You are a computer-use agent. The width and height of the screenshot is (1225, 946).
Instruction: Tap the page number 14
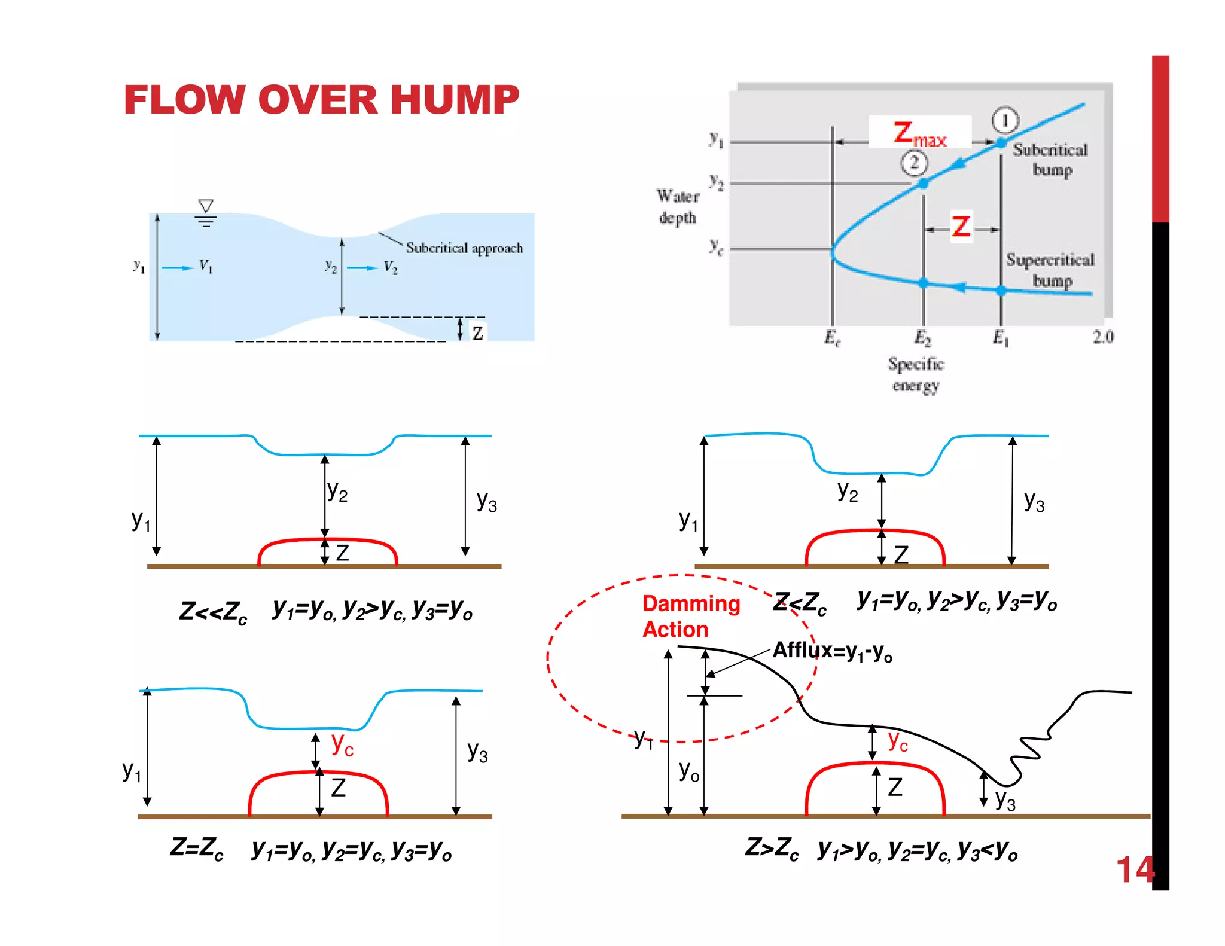pyautogui.click(x=1135, y=870)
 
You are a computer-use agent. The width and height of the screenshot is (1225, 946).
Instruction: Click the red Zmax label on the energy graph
pyautogui.click(x=919, y=133)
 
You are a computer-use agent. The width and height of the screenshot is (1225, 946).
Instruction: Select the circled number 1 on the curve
pyautogui.click(x=1005, y=120)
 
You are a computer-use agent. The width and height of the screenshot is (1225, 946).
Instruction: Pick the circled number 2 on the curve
pyautogui.click(x=914, y=163)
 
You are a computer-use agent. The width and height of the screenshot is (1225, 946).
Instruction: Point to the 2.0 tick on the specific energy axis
pyautogui.click(x=1103, y=337)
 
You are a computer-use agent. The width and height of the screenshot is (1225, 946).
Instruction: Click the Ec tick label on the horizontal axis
pyautogui.click(x=832, y=338)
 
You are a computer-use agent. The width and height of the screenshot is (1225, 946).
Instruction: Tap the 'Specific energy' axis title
pyautogui.click(x=916, y=374)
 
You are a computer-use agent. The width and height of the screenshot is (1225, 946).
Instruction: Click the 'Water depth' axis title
pyautogui.click(x=678, y=207)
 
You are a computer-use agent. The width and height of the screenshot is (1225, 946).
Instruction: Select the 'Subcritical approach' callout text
pyautogui.click(x=464, y=248)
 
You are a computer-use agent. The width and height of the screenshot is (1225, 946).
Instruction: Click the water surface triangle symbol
pyautogui.click(x=206, y=206)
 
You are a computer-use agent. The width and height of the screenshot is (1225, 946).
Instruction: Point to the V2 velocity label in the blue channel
pyautogui.click(x=391, y=267)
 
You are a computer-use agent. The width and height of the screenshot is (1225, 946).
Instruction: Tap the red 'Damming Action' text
pyautogui.click(x=691, y=617)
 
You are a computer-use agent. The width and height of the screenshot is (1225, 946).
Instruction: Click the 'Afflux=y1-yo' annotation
pyautogui.click(x=832, y=651)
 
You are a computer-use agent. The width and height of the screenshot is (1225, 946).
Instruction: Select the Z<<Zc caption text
pyautogui.click(x=213, y=612)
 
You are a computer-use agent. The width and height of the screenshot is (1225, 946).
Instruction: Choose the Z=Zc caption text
pyautogui.click(x=197, y=849)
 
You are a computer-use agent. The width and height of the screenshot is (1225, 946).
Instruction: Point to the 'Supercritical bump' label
pyautogui.click(x=1050, y=270)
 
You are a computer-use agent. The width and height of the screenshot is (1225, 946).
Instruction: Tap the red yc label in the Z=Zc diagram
pyautogui.click(x=342, y=744)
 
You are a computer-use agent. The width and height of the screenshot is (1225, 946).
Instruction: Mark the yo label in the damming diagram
pyautogui.click(x=688, y=771)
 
